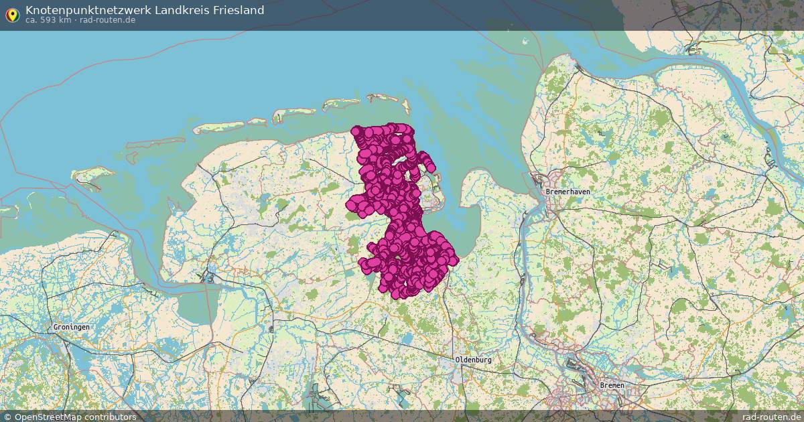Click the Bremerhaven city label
[567, 192]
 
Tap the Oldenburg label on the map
[474, 360]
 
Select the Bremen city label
[612, 385]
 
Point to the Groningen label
[71, 327]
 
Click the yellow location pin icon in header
[12, 14]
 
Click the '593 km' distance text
[56, 19]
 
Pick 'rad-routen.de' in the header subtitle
[108, 19]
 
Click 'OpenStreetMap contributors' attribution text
[75, 417]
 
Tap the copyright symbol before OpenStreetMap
[7, 417]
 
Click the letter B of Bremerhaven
[548, 192]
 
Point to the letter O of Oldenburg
[458, 360]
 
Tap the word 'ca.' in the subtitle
[31, 19]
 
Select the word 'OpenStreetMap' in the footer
[47, 417]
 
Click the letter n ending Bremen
[622, 385]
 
